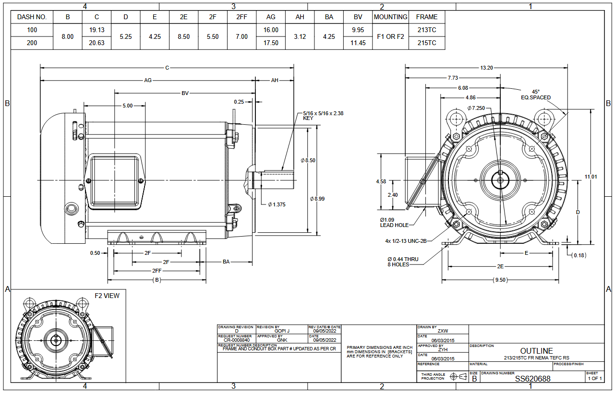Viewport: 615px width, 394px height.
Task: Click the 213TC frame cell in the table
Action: (x=427, y=30)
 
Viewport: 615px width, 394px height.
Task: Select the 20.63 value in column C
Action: (x=96, y=43)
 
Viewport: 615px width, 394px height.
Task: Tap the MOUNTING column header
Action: (x=390, y=17)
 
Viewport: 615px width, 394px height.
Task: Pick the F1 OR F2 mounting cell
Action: (x=390, y=36)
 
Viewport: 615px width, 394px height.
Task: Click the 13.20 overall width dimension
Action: (x=486, y=68)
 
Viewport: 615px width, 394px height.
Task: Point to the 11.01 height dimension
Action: (x=591, y=177)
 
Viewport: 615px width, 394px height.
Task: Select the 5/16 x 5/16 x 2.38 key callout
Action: (x=323, y=116)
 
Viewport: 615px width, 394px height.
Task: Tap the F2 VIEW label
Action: (x=107, y=296)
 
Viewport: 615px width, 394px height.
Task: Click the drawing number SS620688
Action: (x=532, y=379)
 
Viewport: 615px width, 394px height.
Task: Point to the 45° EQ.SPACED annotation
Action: (x=536, y=95)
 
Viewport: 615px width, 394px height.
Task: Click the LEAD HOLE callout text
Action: (x=394, y=225)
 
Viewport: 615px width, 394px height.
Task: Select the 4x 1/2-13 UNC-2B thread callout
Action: (x=405, y=241)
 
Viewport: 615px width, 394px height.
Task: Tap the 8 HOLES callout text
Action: (x=398, y=264)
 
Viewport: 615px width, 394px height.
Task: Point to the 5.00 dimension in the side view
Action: (x=127, y=106)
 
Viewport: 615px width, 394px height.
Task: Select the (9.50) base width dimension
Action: (x=500, y=280)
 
